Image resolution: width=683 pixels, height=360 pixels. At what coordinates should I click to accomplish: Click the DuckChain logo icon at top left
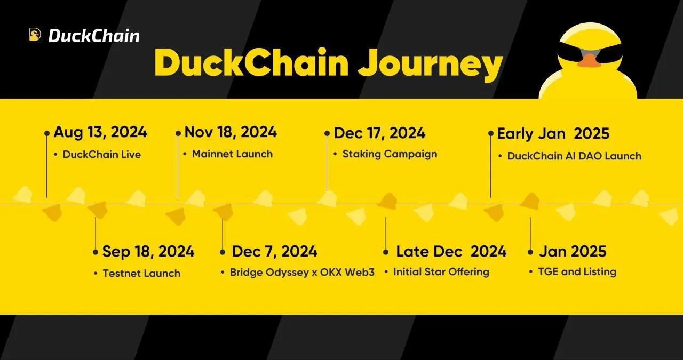coord(35,35)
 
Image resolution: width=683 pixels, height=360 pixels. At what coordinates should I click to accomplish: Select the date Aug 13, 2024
coord(100,132)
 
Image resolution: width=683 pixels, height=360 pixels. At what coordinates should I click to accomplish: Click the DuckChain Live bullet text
coord(102,154)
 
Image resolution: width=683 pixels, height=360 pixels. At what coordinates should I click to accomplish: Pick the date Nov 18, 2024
coord(231,132)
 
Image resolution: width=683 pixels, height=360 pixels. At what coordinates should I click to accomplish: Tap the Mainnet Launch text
coord(232,154)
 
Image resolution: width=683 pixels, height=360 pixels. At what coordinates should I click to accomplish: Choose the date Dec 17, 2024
coord(379,133)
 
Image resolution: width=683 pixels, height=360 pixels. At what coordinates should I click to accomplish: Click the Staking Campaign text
coord(390,154)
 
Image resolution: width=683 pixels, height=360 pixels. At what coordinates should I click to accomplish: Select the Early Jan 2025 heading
coord(553,133)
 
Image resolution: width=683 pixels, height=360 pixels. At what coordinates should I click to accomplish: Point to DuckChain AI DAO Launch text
coord(574,156)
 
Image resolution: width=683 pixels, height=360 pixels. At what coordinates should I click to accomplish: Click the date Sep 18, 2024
coord(148,252)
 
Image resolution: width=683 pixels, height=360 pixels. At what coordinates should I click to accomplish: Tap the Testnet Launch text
coord(141,274)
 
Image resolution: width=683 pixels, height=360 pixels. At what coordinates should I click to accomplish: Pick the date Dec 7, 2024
coord(274,252)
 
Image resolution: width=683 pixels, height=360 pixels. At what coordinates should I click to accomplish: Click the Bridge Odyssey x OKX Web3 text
coord(302,272)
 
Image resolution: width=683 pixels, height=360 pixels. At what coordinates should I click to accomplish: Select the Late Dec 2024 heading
coord(451,252)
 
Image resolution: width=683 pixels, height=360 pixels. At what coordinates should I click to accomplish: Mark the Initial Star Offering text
coord(441,272)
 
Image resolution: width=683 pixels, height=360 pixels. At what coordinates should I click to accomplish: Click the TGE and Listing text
coord(577,271)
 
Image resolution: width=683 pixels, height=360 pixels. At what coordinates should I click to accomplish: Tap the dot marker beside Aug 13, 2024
coord(46,133)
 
